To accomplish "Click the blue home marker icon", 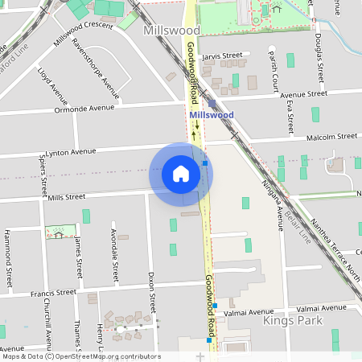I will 181,174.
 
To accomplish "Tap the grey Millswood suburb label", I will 171,30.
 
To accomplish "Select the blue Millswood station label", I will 212,115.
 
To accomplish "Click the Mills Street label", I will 66,196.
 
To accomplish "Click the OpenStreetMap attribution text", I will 81,356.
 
